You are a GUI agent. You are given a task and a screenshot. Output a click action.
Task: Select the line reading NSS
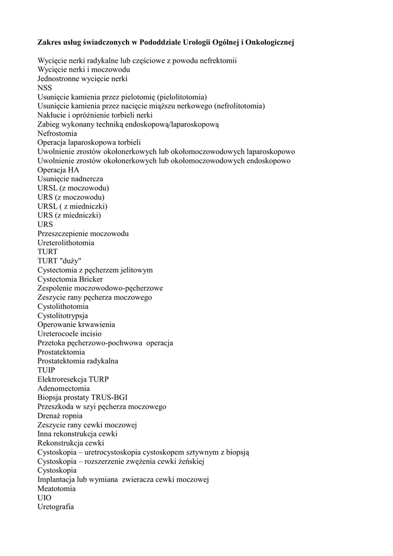click(45, 88)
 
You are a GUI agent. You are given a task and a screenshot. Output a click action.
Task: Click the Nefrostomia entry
click(57, 134)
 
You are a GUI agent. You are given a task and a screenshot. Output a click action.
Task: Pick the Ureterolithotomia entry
click(66, 243)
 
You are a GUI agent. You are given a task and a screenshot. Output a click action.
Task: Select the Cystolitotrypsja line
click(62, 315)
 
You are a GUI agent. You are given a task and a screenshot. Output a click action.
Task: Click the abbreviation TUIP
click(46, 370)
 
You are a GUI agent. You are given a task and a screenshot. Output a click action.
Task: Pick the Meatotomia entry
click(56, 489)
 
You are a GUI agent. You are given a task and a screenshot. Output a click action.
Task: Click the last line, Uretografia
click(55, 507)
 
